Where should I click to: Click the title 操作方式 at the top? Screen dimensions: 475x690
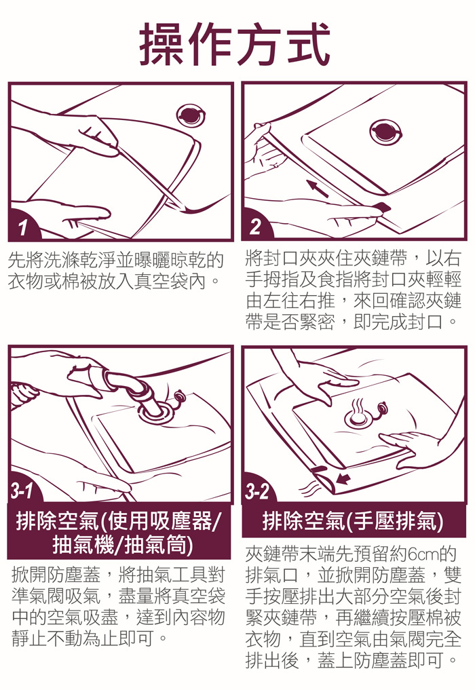(235, 44)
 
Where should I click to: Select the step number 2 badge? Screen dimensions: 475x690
(256, 227)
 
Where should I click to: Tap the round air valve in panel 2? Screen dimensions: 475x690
(385, 131)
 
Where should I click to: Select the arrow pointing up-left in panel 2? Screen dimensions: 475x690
(317, 188)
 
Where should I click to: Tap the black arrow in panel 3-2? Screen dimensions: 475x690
(343, 478)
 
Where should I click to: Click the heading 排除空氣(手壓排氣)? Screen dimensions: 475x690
(353, 522)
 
